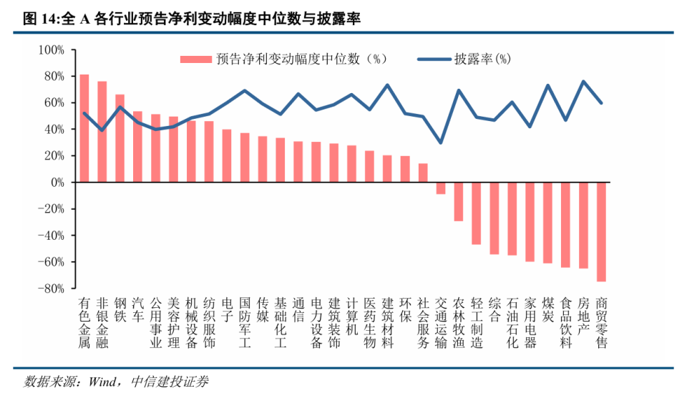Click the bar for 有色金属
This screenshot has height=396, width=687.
(84, 129)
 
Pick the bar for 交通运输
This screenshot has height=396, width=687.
(441, 188)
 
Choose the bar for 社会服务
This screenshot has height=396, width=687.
(423, 173)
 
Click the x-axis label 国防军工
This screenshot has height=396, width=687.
(245, 322)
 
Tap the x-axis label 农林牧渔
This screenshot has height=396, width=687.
(459, 322)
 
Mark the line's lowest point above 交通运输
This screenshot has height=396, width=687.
(441, 143)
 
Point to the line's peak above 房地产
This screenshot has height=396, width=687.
(583, 82)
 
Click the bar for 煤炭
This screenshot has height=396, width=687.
(548, 223)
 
